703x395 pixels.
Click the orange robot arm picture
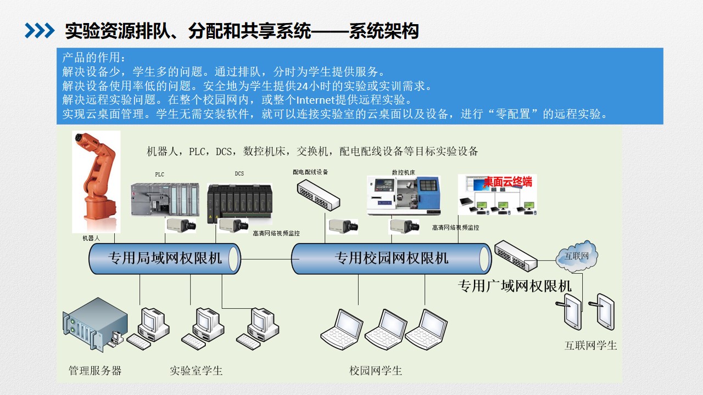coord(96,182)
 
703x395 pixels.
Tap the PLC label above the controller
coord(159,174)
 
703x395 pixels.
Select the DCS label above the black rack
coord(239,173)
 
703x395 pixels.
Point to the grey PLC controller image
coord(165,199)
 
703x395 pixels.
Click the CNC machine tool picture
coord(404,195)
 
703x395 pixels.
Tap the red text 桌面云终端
coord(507,182)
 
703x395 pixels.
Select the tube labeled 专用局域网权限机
coord(165,258)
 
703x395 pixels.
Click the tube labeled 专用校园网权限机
coord(392,258)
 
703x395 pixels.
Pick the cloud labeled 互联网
coord(577,256)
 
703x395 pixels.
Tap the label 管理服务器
coord(95,371)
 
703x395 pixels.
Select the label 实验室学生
coord(196,371)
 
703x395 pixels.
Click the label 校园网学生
coord(376,371)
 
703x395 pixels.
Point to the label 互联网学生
coord(591,346)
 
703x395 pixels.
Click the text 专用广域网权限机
coord(515,286)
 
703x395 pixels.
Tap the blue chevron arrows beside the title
coord(40,31)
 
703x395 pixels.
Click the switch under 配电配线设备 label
coord(318,195)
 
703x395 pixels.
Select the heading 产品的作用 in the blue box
coord(94,58)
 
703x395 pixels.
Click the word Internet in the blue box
coord(316,100)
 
